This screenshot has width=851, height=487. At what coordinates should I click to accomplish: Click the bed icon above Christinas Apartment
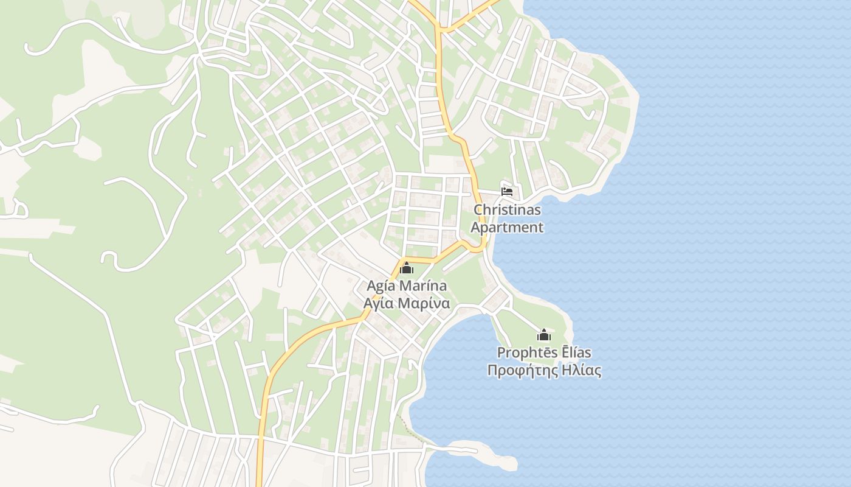[507, 191]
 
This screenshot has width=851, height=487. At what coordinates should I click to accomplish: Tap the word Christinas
[507, 210]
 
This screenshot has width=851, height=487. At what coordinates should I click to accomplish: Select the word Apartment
[507, 228]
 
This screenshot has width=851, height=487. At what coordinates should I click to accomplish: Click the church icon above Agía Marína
[407, 268]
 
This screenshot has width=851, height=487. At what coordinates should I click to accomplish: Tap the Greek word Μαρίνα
[424, 303]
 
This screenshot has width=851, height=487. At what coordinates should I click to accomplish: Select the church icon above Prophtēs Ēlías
[544, 335]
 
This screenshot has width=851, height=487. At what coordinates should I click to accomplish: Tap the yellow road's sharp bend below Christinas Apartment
[480, 248]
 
